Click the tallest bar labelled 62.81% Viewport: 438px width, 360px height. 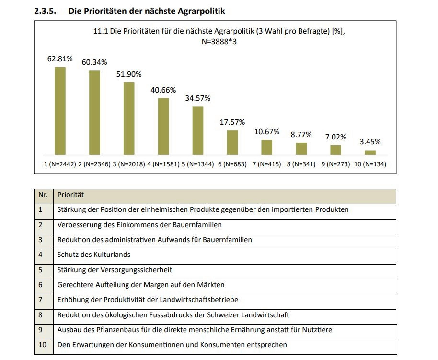tap(60, 111)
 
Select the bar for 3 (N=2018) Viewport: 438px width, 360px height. tap(129, 118)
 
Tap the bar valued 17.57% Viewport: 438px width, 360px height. tap(232, 142)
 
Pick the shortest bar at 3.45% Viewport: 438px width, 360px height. tap(370, 152)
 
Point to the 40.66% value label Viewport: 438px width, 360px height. tap(163, 90)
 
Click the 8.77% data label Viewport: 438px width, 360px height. tap(301, 134)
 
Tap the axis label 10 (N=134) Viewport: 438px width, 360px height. tap(370, 164)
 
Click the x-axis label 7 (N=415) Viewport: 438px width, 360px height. tap(267, 164)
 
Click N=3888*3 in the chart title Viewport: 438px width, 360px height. tap(219, 41)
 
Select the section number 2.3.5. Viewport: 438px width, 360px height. tap(46, 11)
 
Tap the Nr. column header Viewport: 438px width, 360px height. tap(43, 195)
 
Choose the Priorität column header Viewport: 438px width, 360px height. tap(70, 195)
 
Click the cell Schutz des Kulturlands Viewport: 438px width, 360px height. tap(93, 255)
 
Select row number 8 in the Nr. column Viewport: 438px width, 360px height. tap(41, 315)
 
